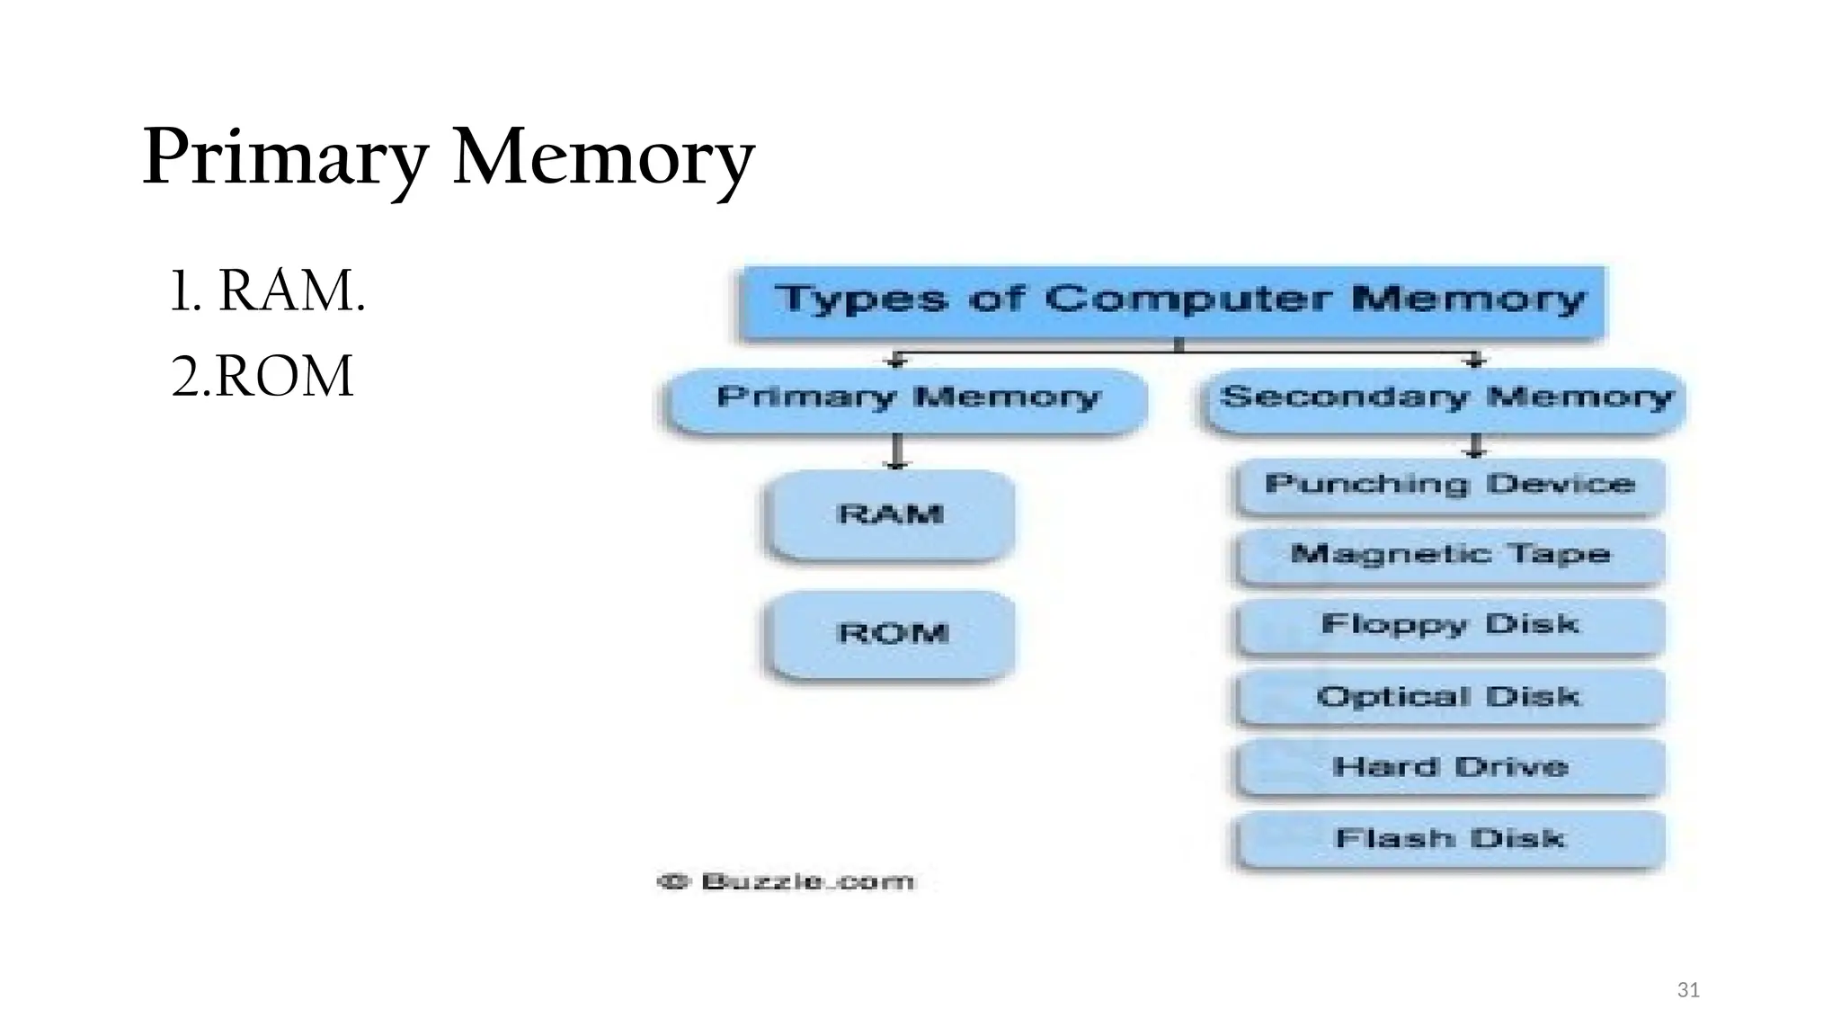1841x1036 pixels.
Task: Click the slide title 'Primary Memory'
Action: click(x=448, y=157)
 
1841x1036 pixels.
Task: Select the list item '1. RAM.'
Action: click(x=268, y=291)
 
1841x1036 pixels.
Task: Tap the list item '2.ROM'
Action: click(x=262, y=376)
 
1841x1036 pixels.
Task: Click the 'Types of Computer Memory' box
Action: click(x=1171, y=302)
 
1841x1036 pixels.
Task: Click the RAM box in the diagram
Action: click(x=891, y=514)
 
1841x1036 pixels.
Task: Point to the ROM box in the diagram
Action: click(x=891, y=633)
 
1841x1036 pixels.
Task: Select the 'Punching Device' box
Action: click(x=1449, y=486)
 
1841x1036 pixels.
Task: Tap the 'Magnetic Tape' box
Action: click(x=1449, y=555)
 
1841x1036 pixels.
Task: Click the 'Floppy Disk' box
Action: click(x=1449, y=625)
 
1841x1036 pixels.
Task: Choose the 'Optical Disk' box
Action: click(x=1449, y=697)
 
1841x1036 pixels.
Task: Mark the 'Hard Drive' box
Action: click(x=1449, y=767)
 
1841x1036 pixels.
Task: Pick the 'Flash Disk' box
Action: click(x=1449, y=839)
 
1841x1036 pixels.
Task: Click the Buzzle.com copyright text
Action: click(x=787, y=881)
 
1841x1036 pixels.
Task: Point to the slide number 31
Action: click(x=1688, y=990)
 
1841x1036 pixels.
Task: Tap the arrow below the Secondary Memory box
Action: click(x=1474, y=446)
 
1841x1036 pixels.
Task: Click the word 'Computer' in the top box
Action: click(x=1187, y=299)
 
